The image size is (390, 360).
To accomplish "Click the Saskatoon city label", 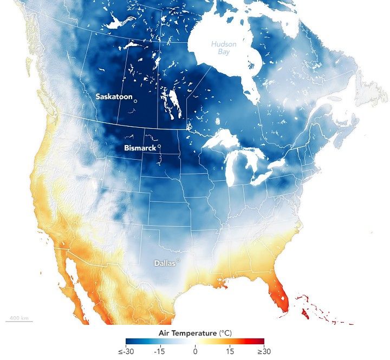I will tap(113, 96).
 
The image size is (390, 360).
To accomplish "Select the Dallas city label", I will tap(164, 263).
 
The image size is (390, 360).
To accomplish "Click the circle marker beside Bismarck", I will tap(159, 147).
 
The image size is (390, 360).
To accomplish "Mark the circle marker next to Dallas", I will tap(177, 261).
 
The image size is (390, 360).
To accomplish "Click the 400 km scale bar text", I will tap(19, 317).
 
